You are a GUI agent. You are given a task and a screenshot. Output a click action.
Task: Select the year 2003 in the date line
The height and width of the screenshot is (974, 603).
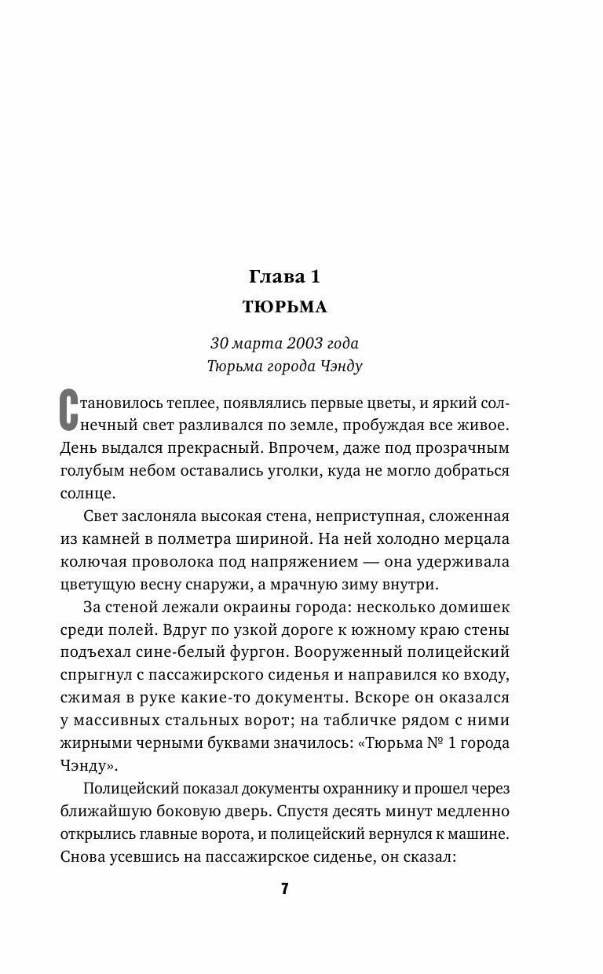click(x=305, y=343)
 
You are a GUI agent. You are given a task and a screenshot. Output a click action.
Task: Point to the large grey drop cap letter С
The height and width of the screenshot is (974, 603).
click(x=71, y=411)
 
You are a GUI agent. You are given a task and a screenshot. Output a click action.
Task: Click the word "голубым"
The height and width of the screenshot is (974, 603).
click(x=93, y=471)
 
